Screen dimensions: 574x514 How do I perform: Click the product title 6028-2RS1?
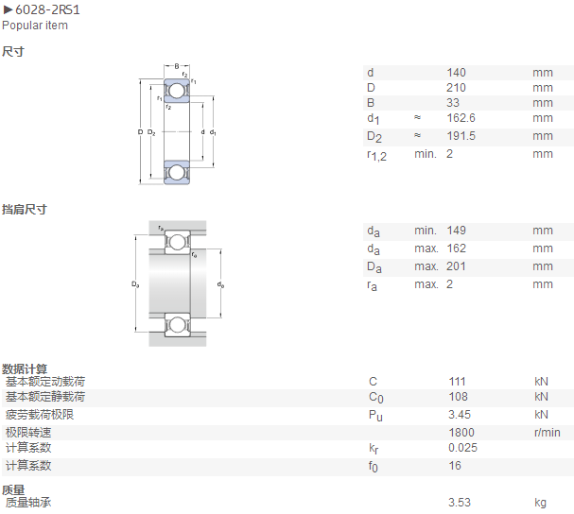(x=47, y=9)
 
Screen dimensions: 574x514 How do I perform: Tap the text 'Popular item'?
(x=35, y=26)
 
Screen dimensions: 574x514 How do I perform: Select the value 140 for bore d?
(x=456, y=73)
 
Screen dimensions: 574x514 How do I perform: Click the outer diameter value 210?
(x=456, y=88)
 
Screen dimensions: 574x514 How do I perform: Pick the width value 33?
(x=453, y=103)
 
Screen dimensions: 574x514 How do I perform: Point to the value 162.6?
(x=461, y=118)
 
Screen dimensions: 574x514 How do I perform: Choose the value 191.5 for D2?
(x=461, y=136)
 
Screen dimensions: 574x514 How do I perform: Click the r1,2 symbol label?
(x=376, y=156)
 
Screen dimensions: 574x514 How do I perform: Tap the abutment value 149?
(x=456, y=231)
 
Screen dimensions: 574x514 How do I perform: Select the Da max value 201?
(x=456, y=266)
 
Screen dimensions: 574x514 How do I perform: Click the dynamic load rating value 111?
(x=458, y=382)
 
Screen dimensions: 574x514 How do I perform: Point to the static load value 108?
(x=459, y=397)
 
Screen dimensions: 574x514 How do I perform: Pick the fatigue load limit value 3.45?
(x=460, y=415)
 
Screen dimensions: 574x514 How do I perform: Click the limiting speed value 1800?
(x=461, y=433)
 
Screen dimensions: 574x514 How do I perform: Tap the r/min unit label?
(x=547, y=433)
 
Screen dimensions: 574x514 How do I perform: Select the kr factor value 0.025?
(x=462, y=448)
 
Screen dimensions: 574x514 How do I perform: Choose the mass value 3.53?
(x=460, y=503)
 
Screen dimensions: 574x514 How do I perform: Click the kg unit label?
(x=540, y=503)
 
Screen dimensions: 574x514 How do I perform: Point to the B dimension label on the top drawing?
(x=177, y=66)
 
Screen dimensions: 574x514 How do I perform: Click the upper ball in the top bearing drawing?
(x=177, y=91)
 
